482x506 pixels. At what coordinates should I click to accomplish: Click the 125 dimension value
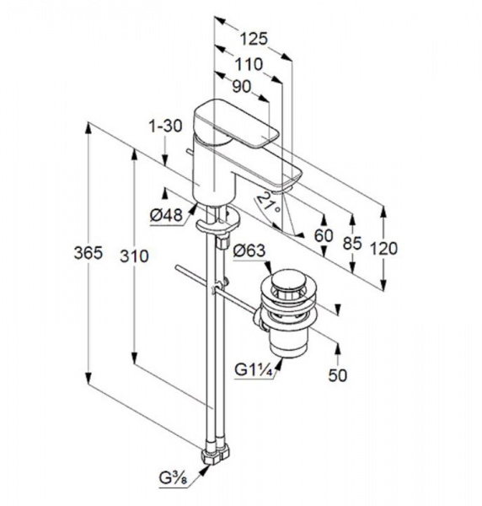point(254,39)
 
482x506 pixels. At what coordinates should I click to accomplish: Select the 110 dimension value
point(249,64)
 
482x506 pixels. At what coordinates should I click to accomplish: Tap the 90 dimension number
point(242,87)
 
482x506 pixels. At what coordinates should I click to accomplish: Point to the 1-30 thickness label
point(165,126)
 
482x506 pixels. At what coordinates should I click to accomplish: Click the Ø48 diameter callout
point(166,214)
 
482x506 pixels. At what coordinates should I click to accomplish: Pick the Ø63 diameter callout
point(249,250)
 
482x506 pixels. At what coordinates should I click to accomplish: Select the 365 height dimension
point(88,252)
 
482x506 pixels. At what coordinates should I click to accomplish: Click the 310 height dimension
point(135,256)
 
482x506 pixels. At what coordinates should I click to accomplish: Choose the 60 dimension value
point(324,236)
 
